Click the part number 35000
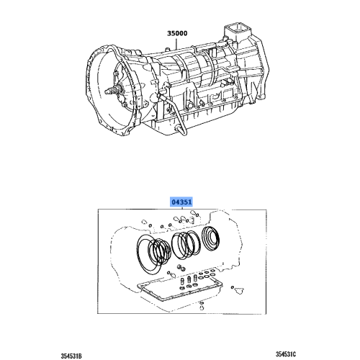pyautogui.click(x=177, y=33)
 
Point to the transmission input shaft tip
pyautogui.click(x=109, y=90)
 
